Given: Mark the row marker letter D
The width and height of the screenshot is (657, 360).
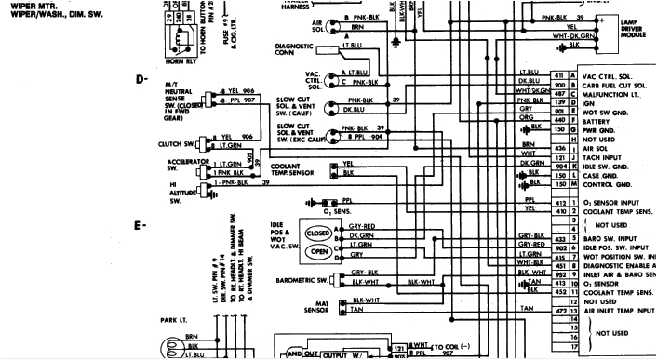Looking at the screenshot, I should click(142, 78).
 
